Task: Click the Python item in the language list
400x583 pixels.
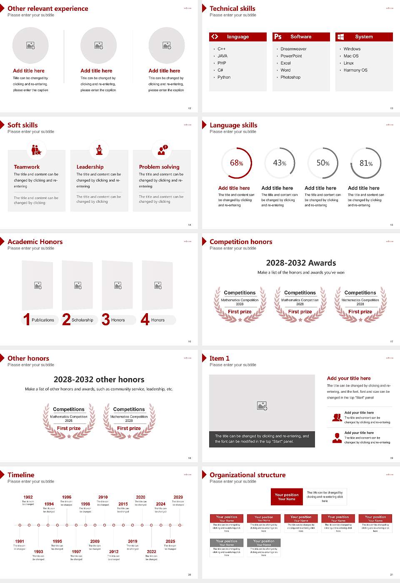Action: (x=224, y=77)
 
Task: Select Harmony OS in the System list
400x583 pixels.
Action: (x=355, y=70)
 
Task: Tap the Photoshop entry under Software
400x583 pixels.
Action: (x=290, y=77)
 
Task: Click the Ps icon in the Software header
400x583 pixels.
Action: (x=278, y=37)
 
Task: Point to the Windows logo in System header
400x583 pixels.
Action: (x=340, y=37)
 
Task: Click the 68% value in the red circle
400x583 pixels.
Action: (x=236, y=163)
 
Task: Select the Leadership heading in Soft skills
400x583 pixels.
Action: (x=90, y=167)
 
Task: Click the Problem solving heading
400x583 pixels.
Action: (x=159, y=167)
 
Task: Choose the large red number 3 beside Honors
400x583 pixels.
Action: (x=106, y=319)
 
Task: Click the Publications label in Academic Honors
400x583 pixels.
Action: (x=43, y=320)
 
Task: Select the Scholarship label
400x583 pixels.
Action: (x=82, y=320)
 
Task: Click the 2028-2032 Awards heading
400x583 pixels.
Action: (x=301, y=263)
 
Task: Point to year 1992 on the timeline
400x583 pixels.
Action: (x=28, y=497)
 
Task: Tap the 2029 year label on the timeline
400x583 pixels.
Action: (x=178, y=497)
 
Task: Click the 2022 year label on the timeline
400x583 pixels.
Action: (x=152, y=552)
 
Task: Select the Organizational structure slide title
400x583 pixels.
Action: (x=247, y=475)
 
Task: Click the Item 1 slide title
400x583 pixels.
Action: (x=220, y=359)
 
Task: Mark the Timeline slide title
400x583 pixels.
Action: (x=21, y=475)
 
